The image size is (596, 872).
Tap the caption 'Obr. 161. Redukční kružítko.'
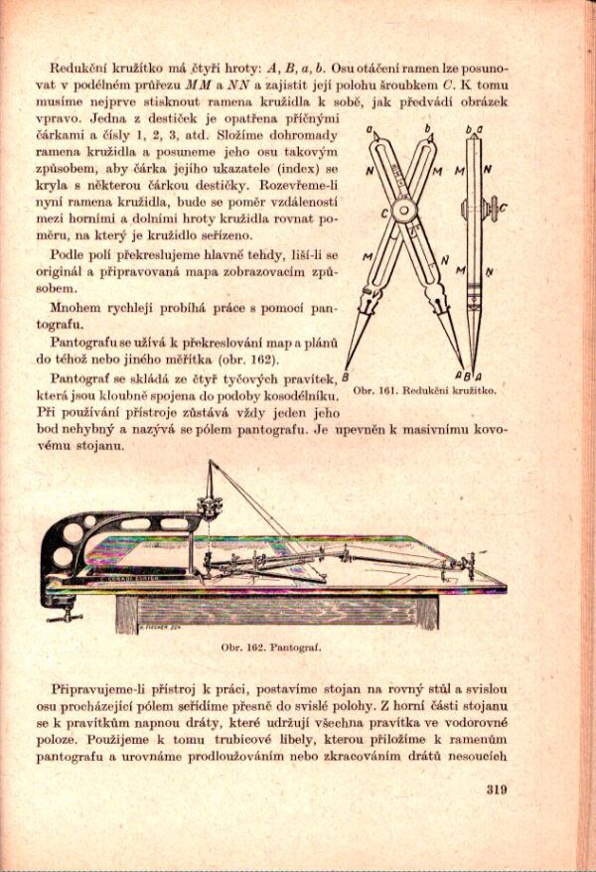(x=424, y=390)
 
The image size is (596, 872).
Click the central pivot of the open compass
(x=405, y=212)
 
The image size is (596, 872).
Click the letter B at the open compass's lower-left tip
(x=345, y=376)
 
